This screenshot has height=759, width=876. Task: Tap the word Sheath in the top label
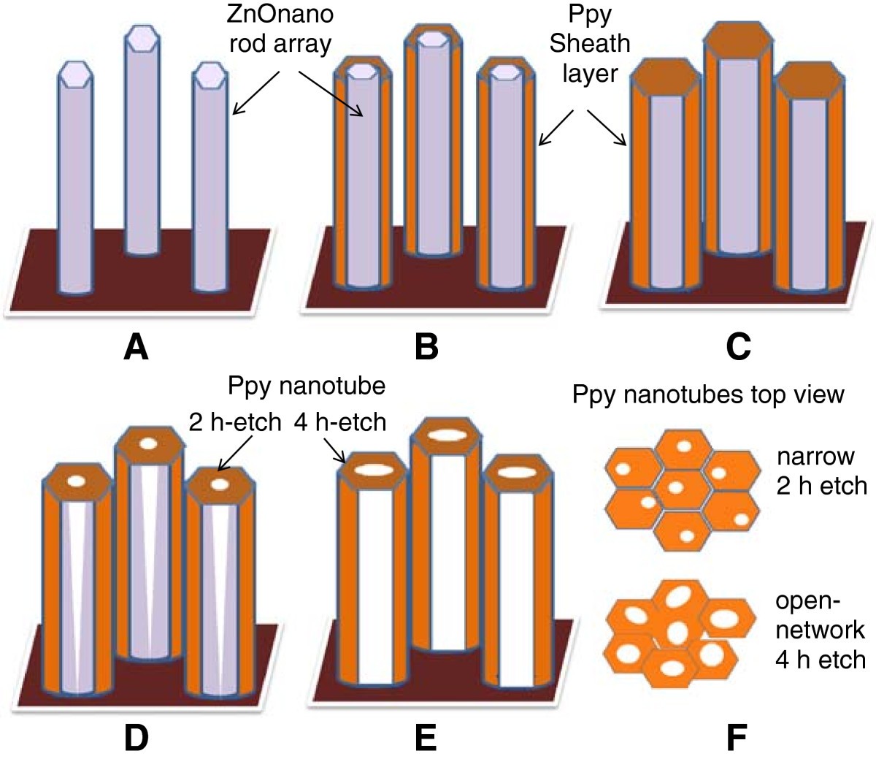click(589, 43)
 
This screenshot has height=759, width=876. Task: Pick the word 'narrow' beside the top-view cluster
click(815, 457)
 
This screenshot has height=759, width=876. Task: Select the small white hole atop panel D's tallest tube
click(148, 443)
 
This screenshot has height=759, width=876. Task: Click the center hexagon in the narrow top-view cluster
click(675, 487)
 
